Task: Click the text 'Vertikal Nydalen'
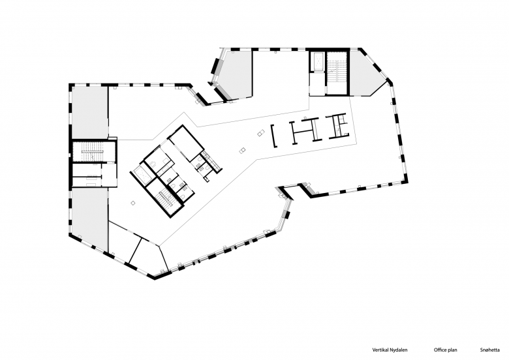pyautogui.click(x=390, y=350)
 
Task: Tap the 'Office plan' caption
pyautogui.click(x=445, y=350)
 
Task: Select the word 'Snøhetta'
pyautogui.click(x=490, y=350)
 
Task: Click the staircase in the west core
pyautogui.click(x=93, y=152)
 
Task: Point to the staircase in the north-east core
pyautogui.click(x=337, y=72)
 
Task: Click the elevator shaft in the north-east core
pyautogui.click(x=317, y=61)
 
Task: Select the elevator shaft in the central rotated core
pyautogui.click(x=142, y=175)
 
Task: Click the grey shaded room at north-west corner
pyautogui.click(x=89, y=113)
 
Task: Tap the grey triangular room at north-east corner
pyautogui.click(x=365, y=74)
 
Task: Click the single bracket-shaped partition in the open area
pyautogui.click(x=273, y=136)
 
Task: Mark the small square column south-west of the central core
pyautogui.click(x=132, y=203)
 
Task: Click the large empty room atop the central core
pyautogui.click(x=186, y=143)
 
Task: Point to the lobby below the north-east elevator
pyautogui.click(x=316, y=83)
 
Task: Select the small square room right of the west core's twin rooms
pyautogui.click(x=109, y=175)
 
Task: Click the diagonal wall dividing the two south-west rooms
pyautogui.click(x=136, y=250)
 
